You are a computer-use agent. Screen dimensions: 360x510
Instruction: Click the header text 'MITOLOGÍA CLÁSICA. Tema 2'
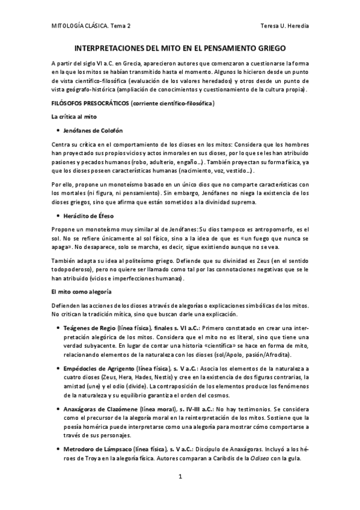pyautogui.click(x=93, y=27)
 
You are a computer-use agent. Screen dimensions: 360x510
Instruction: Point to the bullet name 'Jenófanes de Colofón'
pyautogui.click(x=93, y=131)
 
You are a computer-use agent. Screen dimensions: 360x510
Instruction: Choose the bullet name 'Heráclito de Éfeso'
pyautogui.click(x=89, y=215)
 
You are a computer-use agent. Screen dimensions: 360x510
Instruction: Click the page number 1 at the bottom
pyautogui.click(x=180, y=476)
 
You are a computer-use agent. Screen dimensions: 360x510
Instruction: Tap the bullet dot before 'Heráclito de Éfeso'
pyautogui.click(x=56, y=215)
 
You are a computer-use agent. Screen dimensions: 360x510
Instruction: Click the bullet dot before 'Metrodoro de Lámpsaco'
pyautogui.click(x=56, y=449)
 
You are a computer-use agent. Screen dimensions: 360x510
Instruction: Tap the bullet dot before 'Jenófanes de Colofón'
pyautogui.click(x=56, y=131)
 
